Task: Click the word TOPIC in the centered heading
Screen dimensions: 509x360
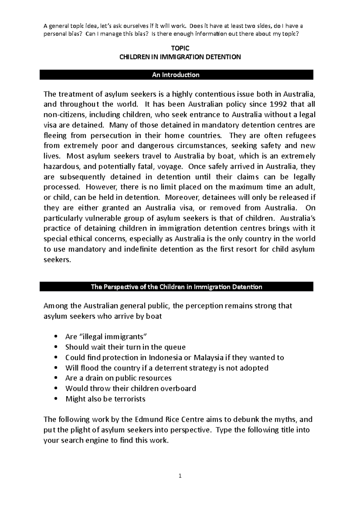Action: [180, 48]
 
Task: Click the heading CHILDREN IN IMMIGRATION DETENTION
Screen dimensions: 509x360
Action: [180, 57]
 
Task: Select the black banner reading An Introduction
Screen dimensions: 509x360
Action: [176, 75]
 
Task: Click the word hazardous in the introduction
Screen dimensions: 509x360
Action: [61, 166]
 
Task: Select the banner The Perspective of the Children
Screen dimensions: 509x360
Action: [176, 287]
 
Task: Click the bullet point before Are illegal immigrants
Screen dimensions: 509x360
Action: [56, 337]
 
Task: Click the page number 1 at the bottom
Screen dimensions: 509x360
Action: [180, 476]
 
